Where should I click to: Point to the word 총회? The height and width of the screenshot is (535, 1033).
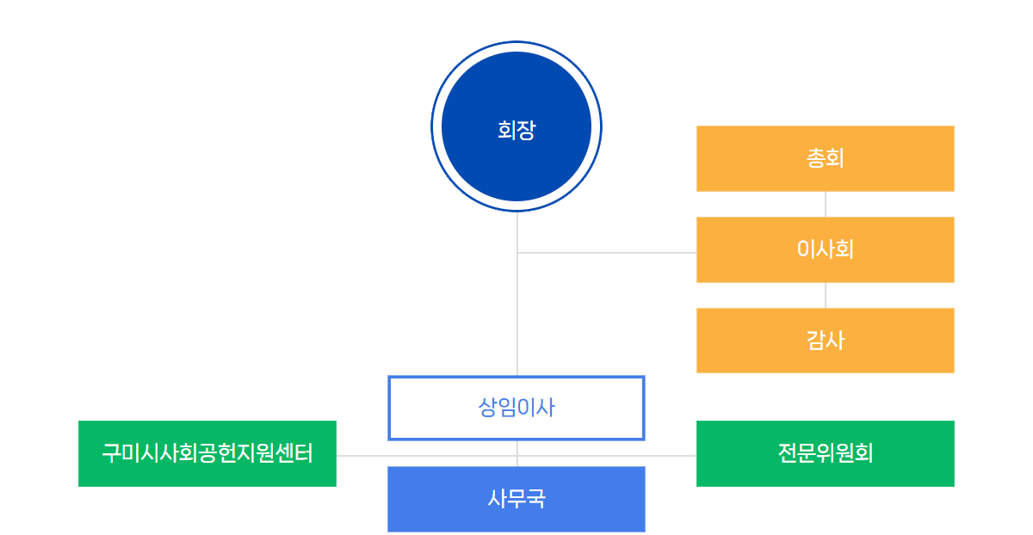(x=825, y=158)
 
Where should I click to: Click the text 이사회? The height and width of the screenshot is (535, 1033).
(x=825, y=249)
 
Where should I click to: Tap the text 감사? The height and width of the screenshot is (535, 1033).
(x=825, y=341)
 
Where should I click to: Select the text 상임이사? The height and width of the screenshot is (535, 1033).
(x=516, y=408)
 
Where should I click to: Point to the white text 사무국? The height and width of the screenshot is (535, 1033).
(x=516, y=499)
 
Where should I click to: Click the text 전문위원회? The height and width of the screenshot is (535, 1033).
(x=825, y=453)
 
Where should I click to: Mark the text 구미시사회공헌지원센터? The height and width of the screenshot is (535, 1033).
(x=207, y=453)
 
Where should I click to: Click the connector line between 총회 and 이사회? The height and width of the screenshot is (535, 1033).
(x=826, y=204)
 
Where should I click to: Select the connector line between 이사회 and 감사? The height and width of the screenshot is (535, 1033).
(x=826, y=295)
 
